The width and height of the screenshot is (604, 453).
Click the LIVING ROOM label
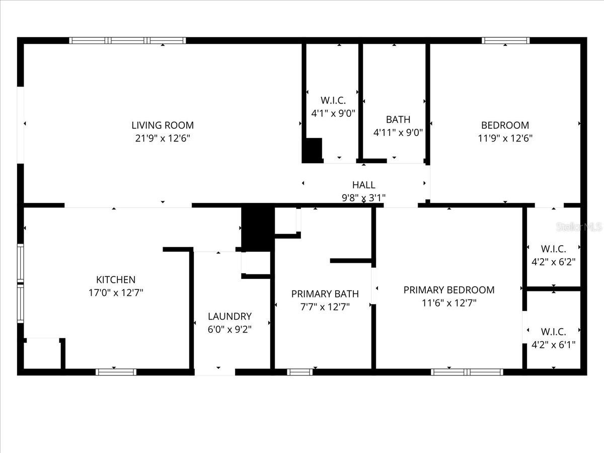tap(163, 125)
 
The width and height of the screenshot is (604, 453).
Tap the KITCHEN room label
tap(116, 280)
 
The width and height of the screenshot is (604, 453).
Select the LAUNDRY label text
tap(230, 317)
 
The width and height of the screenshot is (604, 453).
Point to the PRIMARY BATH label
tap(325, 294)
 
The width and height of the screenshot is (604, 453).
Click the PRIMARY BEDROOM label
tap(449, 290)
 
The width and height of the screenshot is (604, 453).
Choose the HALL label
tap(363, 185)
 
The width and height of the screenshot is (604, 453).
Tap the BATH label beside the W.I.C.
tap(398, 120)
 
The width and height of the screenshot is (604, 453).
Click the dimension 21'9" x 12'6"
tap(163, 138)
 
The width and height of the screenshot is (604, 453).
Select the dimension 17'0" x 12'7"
tap(116, 292)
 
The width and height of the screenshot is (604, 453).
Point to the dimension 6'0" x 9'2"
tap(230, 330)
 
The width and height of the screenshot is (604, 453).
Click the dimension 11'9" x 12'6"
tap(505, 138)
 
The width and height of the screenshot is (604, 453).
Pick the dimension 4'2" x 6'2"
tap(554, 262)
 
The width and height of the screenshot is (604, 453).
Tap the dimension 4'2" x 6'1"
tap(554, 345)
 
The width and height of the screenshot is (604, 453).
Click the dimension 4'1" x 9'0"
tap(333, 113)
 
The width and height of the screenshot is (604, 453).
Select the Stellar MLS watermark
tap(579, 227)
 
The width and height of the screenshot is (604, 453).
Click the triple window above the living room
tap(127, 41)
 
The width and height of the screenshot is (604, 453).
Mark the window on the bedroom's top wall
tap(506, 41)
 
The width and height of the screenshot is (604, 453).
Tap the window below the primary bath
tap(300, 372)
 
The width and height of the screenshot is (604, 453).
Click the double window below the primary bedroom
tap(467, 372)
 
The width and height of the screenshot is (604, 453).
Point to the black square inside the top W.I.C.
tap(312, 150)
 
